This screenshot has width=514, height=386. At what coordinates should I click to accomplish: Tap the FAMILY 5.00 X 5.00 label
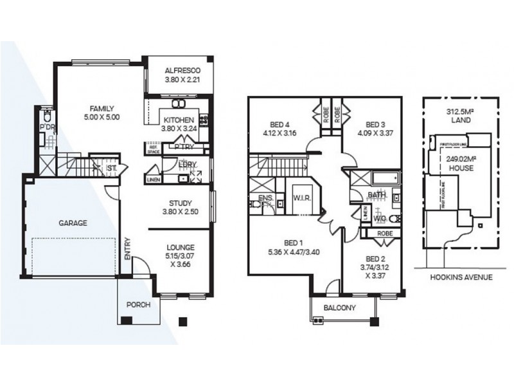click(102, 113)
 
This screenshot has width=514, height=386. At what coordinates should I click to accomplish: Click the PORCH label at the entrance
click(137, 305)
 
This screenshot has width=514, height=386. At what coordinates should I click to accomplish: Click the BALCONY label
click(340, 308)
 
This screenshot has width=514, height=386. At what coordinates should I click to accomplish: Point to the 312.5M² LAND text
click(459, 116)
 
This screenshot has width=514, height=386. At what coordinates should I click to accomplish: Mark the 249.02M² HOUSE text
click(460, 163)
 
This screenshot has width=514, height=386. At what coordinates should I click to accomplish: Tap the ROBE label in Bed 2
click(385, 233)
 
